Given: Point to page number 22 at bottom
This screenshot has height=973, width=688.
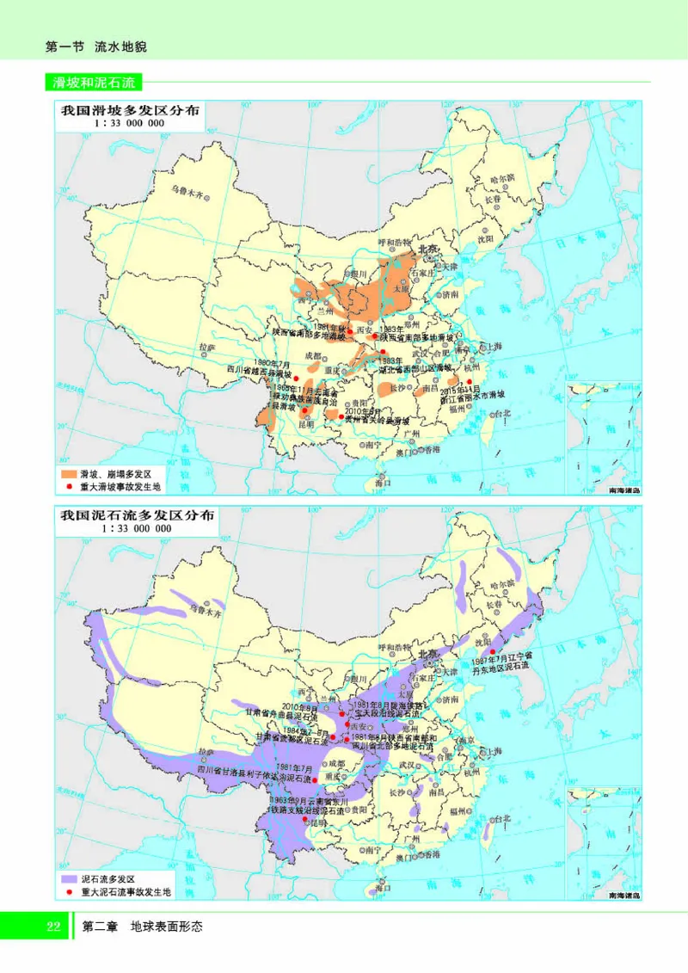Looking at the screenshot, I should point(52,927).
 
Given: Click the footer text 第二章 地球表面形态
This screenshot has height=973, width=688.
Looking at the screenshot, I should point(141,927).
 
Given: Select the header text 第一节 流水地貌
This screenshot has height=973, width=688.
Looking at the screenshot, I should point(95,46).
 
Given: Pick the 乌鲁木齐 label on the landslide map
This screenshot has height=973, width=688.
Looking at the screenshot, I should point(187,188).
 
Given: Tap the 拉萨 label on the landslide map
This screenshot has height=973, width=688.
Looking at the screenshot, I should point(206,347).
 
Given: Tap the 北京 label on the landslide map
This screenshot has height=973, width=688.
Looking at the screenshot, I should point(427,249).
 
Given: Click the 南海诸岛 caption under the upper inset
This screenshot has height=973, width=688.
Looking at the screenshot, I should point(612,490).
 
